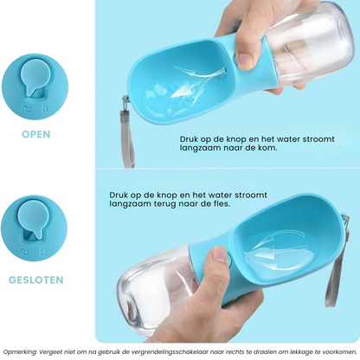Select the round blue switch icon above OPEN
[35, 87]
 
